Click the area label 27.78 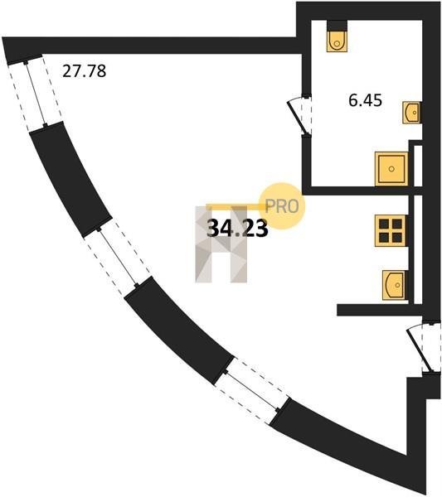[x=84, y=71]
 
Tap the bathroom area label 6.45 [x=365, y=100]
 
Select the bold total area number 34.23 [x=237, y=229]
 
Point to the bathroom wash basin [x=412, y=112]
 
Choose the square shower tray [x=391, y=169]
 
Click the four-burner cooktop [x=391, y=231]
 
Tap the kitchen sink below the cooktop [x=395, y=285]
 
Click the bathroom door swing [x=300, y=116]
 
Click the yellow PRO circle [x=282, y=206]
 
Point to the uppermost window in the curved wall [x=35, y=93]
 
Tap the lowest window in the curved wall [x=251, y=391]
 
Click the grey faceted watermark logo [x=221, y=244]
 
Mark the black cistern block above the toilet [x=337, y=25]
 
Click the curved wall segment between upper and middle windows [x=70, y=179]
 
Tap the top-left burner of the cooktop [x=384, y=224]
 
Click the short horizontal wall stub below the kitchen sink [x=380, y=310]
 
